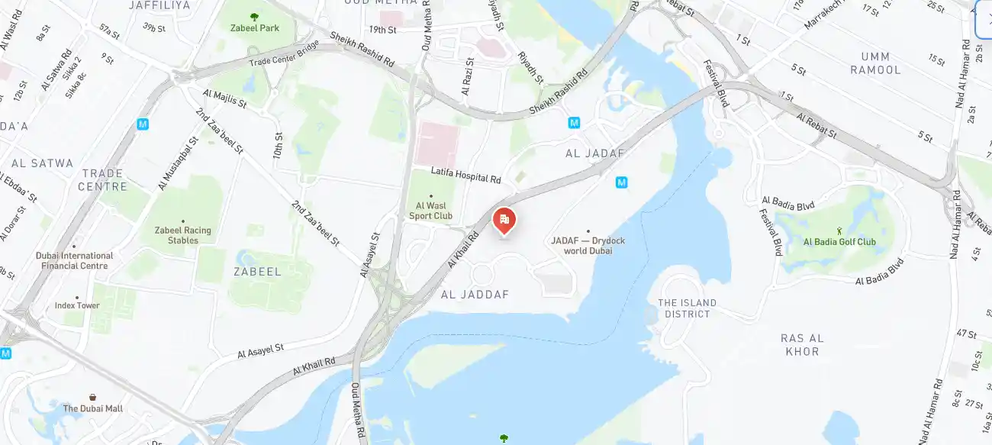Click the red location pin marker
tap(504, 221)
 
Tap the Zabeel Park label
tap(255, 28)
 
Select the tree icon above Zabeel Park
tap(254, 16)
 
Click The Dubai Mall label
tap(92, 408)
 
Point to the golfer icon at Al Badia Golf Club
tap(839, 231)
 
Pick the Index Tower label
tap(77, 305)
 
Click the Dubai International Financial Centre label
tap(75, 261)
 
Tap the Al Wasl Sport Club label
tap(431, 211)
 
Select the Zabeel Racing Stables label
tap(183, 235)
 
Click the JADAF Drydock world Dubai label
tap(588, 246)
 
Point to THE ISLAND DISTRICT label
tap(688, 308)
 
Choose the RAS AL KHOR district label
tap(802, 345)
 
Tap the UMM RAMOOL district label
tap(881, 63)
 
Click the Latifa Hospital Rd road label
tap(465, 175)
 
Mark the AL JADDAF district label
tap(475, 295)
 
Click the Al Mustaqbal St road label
tap(178, 163)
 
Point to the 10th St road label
tap(278, 145)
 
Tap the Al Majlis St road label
tap(225, 98)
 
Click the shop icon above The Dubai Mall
tap(92, 397)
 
